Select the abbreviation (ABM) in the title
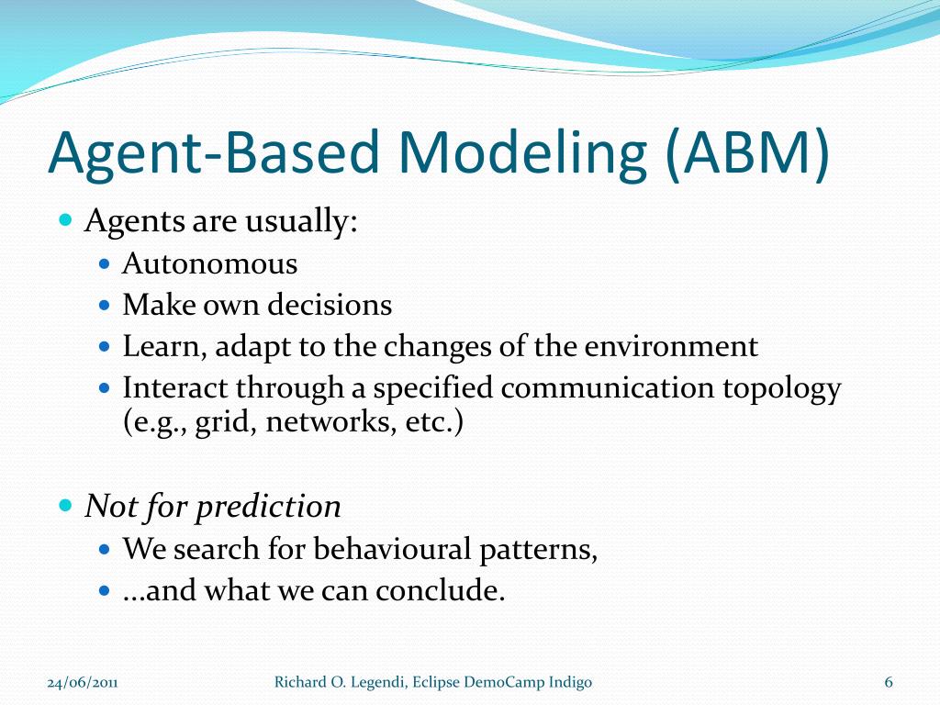[746, 154]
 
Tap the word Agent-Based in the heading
[213, 154]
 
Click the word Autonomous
[210, 264]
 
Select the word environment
[672, 346]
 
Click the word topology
[788, 388]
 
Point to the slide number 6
[889, 682]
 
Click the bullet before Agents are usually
[65, 221]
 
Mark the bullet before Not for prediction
[65, 506]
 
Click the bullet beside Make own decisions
[104, 305]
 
